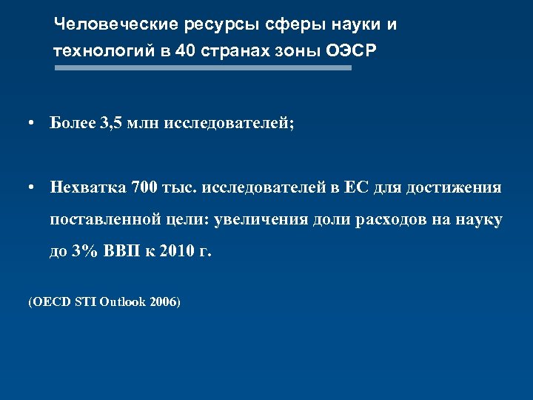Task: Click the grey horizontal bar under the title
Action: click(204, 68)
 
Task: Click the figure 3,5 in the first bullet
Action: click(110, 122)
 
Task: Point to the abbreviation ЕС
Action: click(359, 187)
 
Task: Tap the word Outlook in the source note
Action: click(123, 302)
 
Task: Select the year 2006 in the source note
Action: click(164, 302)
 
